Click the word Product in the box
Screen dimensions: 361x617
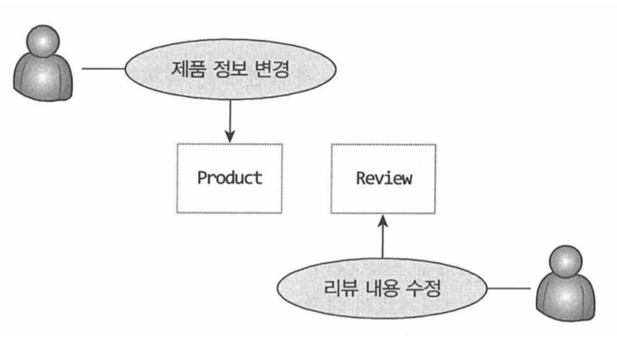[x=229, y=178]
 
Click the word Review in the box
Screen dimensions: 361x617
[x=383, y=178]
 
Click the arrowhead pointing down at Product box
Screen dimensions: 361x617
[x=230, y=137]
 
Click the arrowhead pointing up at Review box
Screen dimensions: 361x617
[x=383, y=222]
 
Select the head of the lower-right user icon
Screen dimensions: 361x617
[x=566, y=260]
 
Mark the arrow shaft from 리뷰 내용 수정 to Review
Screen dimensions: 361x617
[x=383, y=243]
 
